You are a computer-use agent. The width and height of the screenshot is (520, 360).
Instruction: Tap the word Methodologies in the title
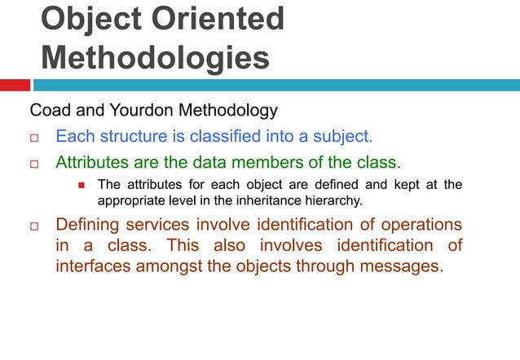[x=155, y=58]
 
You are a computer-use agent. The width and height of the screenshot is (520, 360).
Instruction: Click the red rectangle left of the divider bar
[x=15, y=85]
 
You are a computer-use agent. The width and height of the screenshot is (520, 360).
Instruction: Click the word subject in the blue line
[x=342, y=135]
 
